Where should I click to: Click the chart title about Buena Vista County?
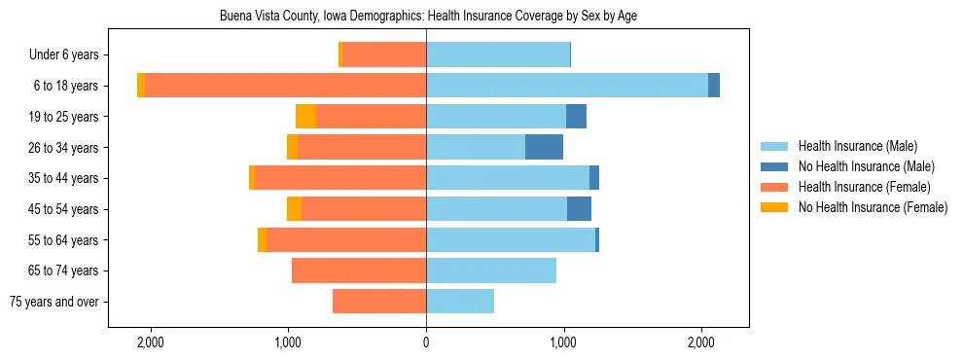[428, 17]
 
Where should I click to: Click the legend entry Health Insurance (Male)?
[857, 146]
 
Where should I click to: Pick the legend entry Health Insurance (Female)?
[864, 187]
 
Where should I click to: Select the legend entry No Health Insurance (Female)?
[872, 207]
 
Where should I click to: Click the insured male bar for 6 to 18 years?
[566, 86]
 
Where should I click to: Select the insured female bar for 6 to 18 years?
[285, 86]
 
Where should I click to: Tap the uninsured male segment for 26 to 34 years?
[544, 147]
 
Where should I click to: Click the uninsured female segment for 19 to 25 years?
[305, 117]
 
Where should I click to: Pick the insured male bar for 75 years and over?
[460, 302]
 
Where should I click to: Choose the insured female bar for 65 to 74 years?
[359, 270]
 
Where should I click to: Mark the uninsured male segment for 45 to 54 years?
[579, 209]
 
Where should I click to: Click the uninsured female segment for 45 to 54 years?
[294, 209]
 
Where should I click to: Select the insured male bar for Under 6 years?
[498, 55]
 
